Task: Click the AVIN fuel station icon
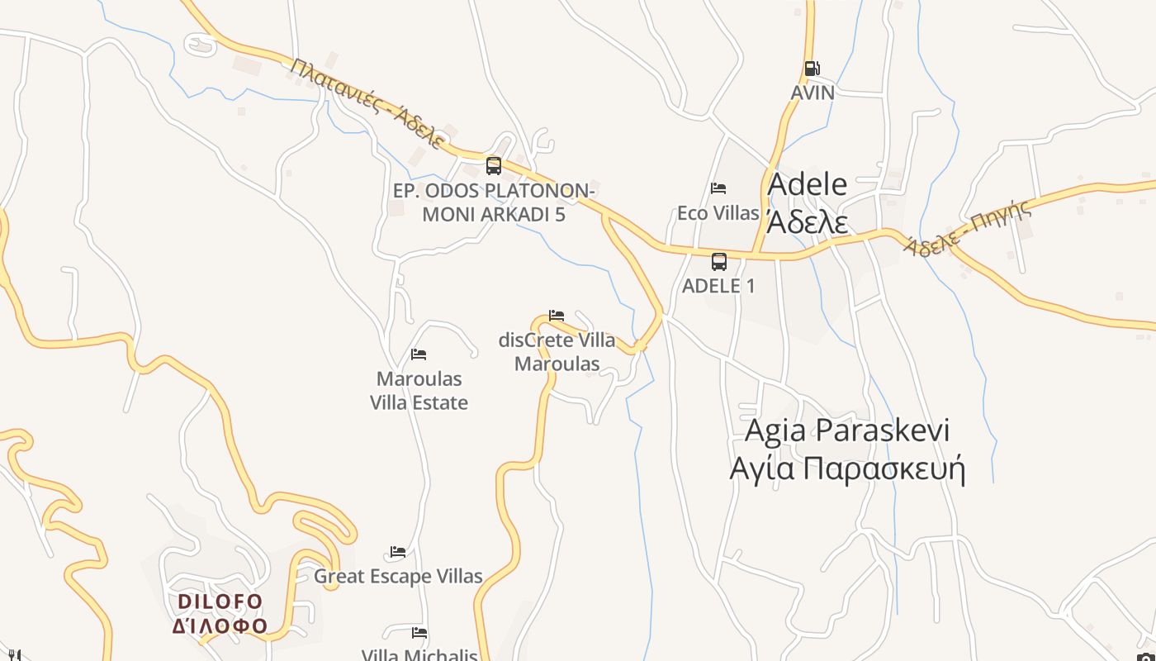[813, 69]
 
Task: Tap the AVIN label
[813, 93]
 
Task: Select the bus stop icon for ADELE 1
[719, 262]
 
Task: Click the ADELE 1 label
[718, 286]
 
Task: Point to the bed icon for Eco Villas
[718, 188]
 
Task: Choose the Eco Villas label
[718, 213]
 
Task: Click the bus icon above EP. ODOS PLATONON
[494, 165]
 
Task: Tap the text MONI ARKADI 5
[494, 215]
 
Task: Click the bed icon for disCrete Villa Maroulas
[557, 316]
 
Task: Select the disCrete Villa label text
[557, 340]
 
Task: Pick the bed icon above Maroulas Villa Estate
[419, 354]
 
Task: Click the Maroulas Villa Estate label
[419, 391]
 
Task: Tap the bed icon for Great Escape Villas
[398, 552]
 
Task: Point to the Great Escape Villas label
[398, 576]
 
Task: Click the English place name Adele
[807, 184]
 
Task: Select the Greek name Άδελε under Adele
[807, 221]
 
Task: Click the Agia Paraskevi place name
[847, 430]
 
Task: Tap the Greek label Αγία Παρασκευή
[847, 468]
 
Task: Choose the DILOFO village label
[220, 602]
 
